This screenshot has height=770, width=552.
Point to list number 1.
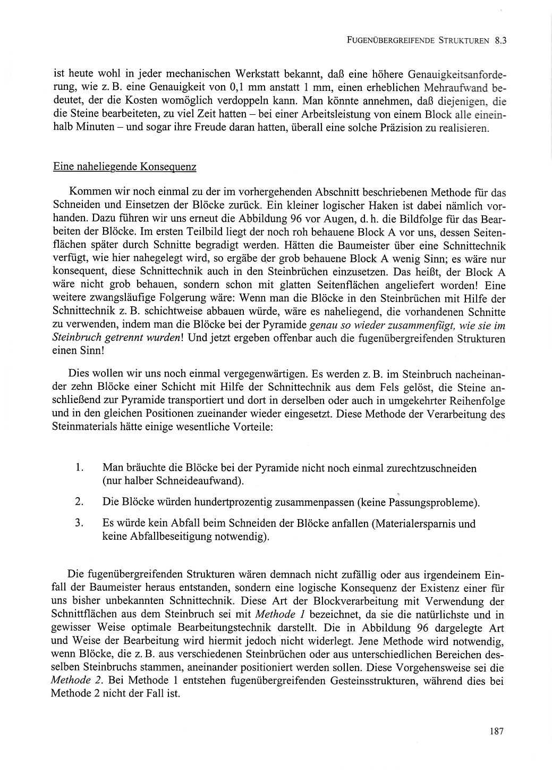coord(80,468)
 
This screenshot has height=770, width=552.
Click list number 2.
coord(80,501)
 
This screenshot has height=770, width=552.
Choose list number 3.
coord(80,523)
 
